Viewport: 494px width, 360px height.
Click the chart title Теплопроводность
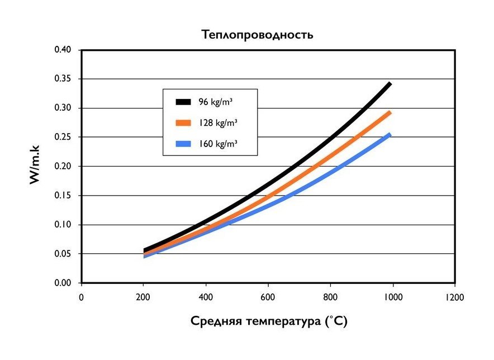[x=257, y=35]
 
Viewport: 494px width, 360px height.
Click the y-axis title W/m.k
[x=34, y=166]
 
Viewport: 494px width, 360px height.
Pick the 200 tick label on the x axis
[x=143, y=296]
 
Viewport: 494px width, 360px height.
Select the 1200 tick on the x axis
[x=455, y=296]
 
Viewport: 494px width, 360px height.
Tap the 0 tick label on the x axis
[x=81, y=296]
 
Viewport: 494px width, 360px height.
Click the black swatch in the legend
[x=183, y=102]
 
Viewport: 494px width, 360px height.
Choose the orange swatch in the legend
[x=183, y=122]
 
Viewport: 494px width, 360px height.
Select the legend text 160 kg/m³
[x=217, y=143]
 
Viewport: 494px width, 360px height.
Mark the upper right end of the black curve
[x=389, y=83]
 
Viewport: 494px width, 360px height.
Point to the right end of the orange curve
[x=389, y=113]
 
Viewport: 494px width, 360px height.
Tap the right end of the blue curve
[x=389, y=135]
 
